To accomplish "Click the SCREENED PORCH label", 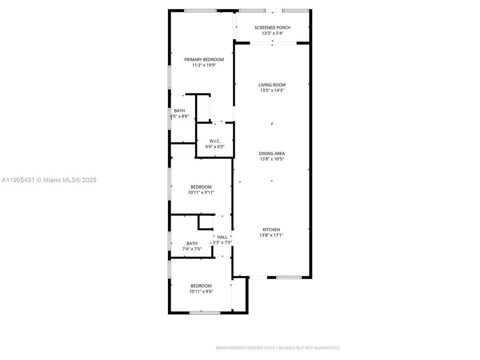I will (x=272, y=28).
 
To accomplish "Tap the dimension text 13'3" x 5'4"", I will (x=272, y=33).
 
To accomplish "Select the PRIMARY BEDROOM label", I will (x=204, y=60).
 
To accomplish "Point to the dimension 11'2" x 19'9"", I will (x=204, y=65).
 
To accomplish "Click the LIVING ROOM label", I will (x=272, y=85).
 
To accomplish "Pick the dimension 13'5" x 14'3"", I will (x=272, y=90).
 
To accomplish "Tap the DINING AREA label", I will (x=272, y=153).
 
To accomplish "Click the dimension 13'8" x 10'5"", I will (x=272, y=159).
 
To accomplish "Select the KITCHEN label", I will (x=271, y=229).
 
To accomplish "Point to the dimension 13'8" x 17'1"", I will (x=271, y=235).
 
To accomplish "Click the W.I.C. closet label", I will (x=215, y=141).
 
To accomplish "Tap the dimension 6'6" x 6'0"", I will (x=215, y=147).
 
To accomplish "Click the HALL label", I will (x=222, y=237).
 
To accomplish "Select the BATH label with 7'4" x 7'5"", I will (x=192, y=243).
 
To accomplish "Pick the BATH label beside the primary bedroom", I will (x=179, y=111).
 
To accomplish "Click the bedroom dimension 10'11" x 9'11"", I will (x=201, y=193).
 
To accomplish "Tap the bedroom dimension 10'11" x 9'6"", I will (x=201, y=292).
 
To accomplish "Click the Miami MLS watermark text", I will (x=49, y=180).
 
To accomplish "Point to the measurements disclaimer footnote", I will (x=278, y=348).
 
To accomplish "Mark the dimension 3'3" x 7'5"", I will (x=222, y=243).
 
